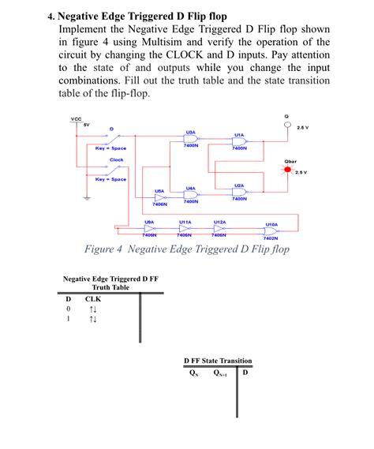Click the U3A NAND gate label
[191, 133]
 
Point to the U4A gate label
[191, 189]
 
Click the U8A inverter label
[148, 223]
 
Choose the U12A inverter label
[220, 223]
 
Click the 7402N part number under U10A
[271, 238]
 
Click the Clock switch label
[116, 160]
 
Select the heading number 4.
[50, 16]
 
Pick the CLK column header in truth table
[93, 299]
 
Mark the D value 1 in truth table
[69, 320]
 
